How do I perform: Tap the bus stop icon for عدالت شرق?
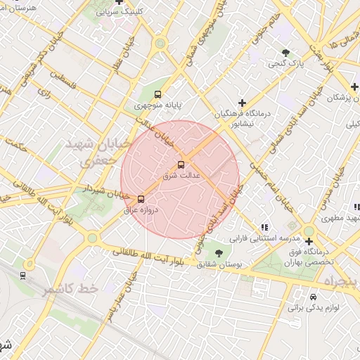[181, 165]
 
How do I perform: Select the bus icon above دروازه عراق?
[141, 199]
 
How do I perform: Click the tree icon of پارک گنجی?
[285, 53]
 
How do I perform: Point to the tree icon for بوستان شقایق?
[219, 252]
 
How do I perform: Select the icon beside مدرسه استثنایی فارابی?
[264, 227]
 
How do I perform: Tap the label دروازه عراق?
[141, 210]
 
